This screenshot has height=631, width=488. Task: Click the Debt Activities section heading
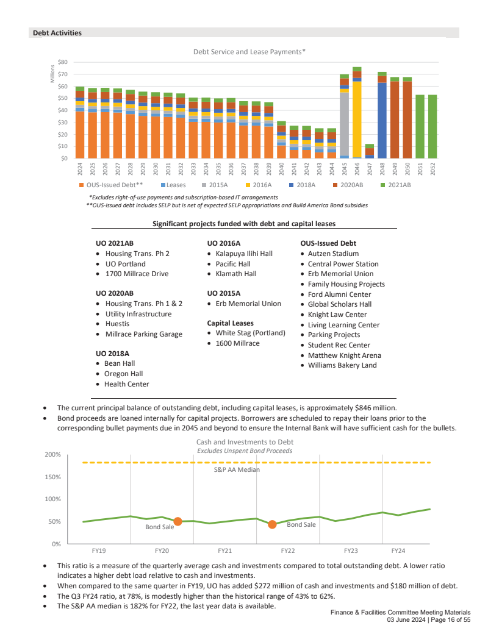point(57,32)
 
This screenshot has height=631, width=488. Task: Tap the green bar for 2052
point(432,126)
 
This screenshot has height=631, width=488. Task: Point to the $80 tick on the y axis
point(62,62)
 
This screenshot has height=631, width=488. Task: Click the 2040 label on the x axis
point(281,168)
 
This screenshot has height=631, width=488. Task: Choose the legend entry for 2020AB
point(348,185)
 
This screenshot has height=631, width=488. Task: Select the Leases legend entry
point(176,185)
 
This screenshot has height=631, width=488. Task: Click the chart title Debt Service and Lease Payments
point(249,52)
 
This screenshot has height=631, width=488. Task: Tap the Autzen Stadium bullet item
point(333,254)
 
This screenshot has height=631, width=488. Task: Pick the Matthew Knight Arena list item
point(345,355)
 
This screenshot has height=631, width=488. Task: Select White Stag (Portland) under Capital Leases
point(250,333)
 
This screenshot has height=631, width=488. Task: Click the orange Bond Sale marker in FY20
point(178,521)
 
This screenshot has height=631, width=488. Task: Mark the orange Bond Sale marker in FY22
point(272,524)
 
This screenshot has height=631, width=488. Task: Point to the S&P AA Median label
point(236,470)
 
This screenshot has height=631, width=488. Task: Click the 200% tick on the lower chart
point(52,455)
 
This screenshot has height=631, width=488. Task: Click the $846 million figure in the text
point(375,407)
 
